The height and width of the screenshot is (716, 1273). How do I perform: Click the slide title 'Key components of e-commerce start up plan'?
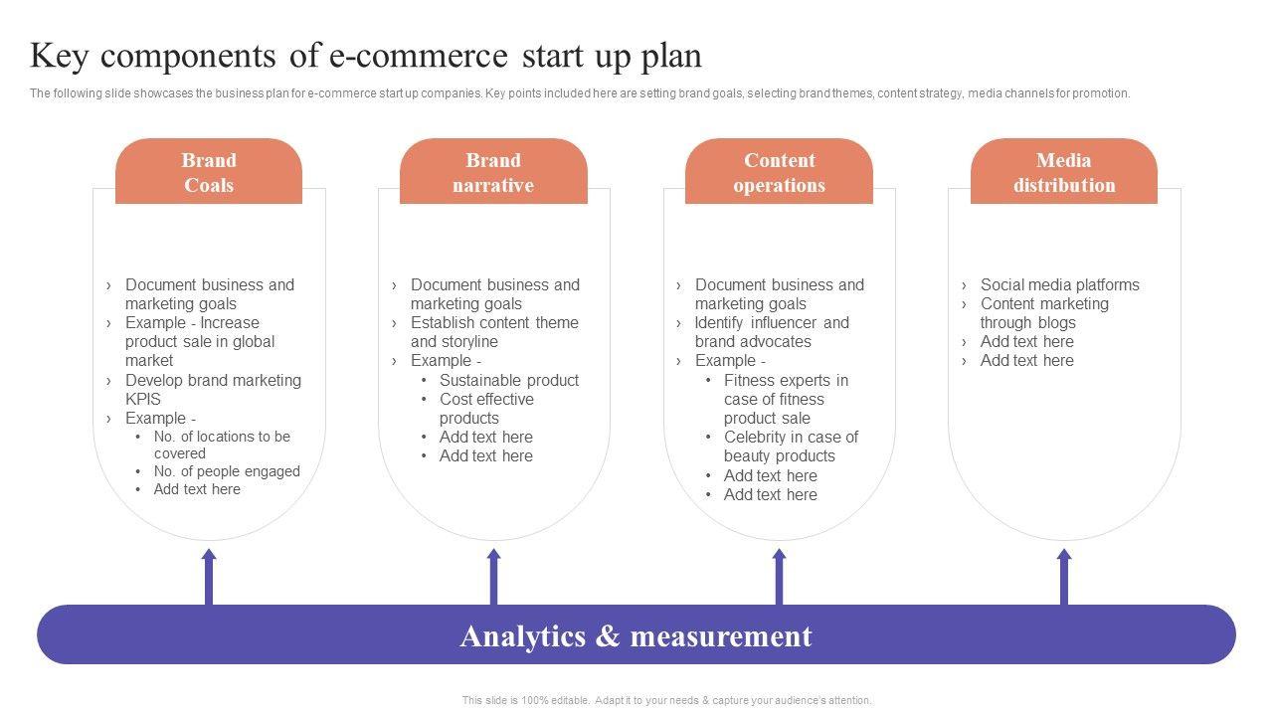point(366,57)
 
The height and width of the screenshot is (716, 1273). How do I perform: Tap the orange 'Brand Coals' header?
point(209,172)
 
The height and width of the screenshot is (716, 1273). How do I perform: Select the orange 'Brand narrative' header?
point(493,172)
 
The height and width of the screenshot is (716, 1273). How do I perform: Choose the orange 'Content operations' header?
point(779,172)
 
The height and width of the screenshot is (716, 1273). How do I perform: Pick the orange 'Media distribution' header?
point(1064,172)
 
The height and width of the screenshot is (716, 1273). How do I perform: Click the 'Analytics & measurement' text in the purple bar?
point(636,635)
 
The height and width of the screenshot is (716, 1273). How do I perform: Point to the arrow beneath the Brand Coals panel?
point(209,576)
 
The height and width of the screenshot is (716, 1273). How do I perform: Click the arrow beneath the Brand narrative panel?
point(494,576)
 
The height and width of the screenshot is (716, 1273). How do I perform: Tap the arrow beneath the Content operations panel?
point(779,576)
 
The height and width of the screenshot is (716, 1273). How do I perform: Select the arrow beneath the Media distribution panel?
point(1064,576)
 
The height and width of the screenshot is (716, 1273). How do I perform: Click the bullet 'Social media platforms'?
point(1059,284)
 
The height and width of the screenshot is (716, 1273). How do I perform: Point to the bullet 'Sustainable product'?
point(508,380)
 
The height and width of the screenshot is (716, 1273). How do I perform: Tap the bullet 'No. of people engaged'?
point(227,471)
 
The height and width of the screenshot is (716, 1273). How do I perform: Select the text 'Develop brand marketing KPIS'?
point(212,389)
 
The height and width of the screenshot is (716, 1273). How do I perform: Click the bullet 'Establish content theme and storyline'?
point(493,332)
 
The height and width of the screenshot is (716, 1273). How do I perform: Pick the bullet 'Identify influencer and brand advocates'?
point(772,332)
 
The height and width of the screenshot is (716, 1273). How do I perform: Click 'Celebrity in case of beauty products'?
point(791,447)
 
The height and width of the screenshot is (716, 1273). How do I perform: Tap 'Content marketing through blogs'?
point(1043,313)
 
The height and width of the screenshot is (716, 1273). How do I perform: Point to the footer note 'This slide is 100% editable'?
point(666,700)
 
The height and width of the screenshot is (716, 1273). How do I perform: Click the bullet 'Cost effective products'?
point(486,409)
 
